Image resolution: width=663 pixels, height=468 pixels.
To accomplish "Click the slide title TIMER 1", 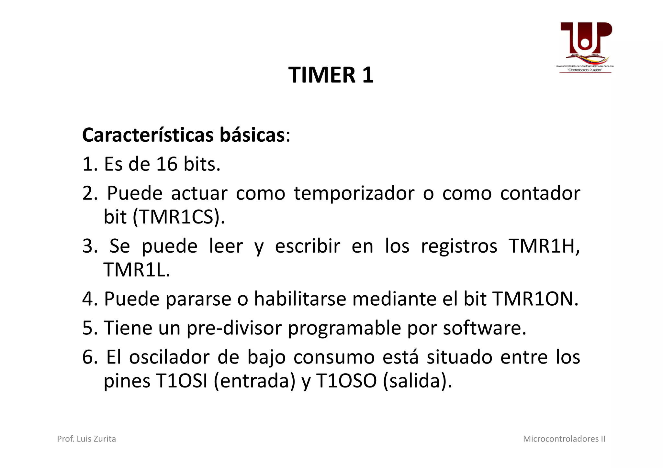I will click(x=331, y=75).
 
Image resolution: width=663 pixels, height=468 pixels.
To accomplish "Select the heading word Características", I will click(x=148, y=135).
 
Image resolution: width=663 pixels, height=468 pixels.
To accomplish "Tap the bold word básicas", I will click(x=252, y=135).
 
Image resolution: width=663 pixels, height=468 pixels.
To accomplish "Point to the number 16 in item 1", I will click(x=167, y=164).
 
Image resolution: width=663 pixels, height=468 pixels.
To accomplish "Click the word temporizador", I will click(x=354, y=193).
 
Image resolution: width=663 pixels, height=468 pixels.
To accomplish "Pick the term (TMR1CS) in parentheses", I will click(x=179, y=217).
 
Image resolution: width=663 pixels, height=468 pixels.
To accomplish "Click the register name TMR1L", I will click(x=136, y=270).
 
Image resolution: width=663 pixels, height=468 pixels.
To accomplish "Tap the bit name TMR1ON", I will click(x=535, y=299).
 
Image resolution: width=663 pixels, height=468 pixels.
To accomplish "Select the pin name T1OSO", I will click(x=346, y=381).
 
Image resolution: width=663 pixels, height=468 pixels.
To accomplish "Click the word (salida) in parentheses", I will click(x=417, y=381).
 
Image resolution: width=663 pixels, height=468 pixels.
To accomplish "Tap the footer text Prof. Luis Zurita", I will click(x=86, y=439).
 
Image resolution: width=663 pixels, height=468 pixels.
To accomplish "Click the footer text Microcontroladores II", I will click(x=564, y=439).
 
